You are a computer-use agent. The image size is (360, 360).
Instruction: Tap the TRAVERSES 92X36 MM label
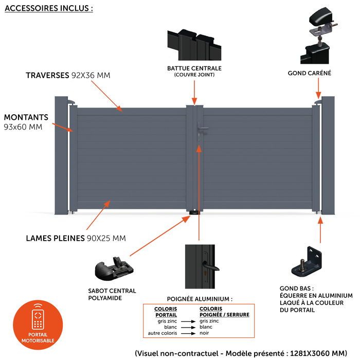point(68,76)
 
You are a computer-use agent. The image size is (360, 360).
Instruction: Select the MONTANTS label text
point(26,117)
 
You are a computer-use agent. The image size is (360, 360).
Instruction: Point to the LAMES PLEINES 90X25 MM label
point(76,238)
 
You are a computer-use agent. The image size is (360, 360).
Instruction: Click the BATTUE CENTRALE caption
point(194,68)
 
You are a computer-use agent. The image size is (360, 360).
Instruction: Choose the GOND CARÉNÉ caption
point(309,74)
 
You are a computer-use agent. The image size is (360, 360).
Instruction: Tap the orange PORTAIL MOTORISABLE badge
point(38,324)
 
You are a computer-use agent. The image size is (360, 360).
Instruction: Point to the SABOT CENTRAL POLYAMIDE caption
point(112,294)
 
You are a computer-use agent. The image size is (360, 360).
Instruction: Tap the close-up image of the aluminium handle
point(200,266)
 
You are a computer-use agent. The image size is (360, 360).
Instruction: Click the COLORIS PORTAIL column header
point(166,312)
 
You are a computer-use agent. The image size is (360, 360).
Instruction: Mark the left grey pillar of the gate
point(62,155)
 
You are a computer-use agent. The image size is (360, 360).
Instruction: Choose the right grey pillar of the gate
point(328,155)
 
